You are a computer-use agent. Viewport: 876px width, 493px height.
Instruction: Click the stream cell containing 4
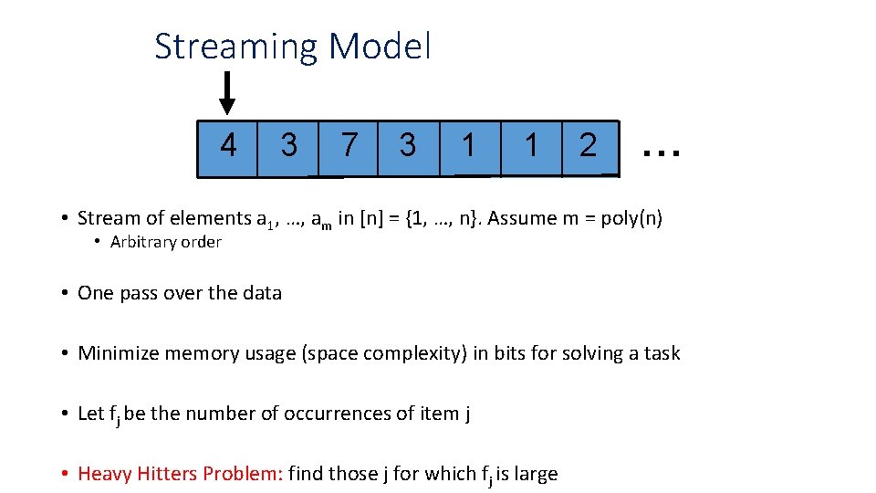tap(228, 146)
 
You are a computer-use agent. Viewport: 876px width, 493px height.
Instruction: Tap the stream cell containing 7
tap(348, 146)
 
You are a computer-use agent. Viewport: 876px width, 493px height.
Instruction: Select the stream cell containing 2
tap(589, 146)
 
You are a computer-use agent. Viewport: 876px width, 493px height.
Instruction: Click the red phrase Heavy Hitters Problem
tap(181, 474)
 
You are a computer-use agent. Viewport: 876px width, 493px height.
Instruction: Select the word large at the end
tap(536, 474)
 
